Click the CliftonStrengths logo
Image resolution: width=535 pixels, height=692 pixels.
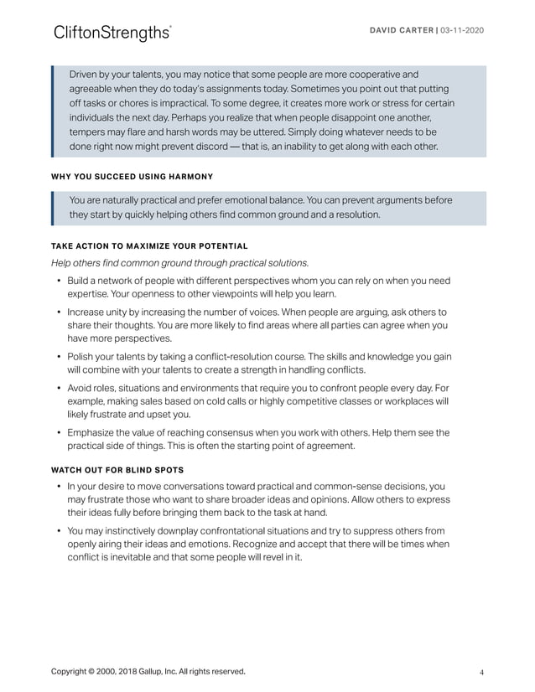click(x=112, y=33)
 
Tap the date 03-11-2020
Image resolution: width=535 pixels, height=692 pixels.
click(x=460, y=30)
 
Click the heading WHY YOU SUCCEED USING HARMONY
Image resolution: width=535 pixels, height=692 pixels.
click(x=132, y=176)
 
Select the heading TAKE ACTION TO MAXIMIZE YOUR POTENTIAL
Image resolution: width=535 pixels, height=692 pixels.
click(x=149, y=245)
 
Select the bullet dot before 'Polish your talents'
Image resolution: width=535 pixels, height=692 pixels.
click(x=58, y=355)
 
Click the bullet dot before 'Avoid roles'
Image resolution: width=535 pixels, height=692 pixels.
click(x=58, y=387)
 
